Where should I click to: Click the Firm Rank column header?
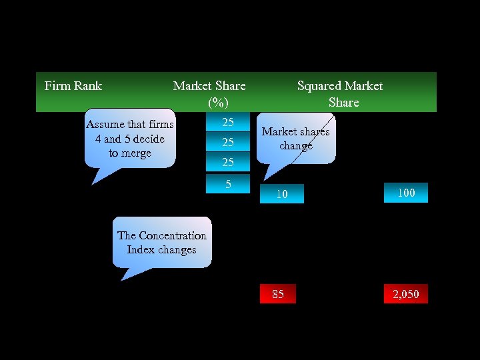73,86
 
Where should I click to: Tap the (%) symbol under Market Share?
218,103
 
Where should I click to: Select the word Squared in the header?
318,86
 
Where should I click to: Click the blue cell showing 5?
228,184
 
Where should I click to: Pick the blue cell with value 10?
282,194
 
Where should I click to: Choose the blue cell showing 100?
406,193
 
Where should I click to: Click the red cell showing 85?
278,294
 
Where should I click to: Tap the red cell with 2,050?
405,294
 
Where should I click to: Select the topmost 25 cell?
228,123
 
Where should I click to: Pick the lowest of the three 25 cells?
228,162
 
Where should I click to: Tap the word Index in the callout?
141,250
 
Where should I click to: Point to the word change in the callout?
296,145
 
